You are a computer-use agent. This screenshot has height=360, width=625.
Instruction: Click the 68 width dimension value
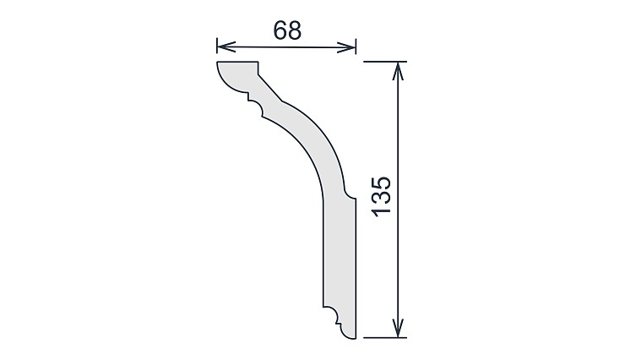[x=287, y=30]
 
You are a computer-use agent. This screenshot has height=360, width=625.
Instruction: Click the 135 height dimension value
[x=382, y=197]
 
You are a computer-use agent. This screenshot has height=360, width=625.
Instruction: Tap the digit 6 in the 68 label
[x=280, y=30]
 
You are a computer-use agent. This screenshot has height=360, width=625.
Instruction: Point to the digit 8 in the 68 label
[x=294, y=30]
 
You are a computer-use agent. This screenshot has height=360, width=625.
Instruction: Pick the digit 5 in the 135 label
[x=382, y=183]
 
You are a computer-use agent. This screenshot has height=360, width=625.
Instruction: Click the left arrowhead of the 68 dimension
[x=226, y=46]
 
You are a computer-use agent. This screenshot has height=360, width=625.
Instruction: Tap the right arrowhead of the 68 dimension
[x=346, y=48]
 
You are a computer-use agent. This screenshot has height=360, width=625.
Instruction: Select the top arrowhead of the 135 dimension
[x=398, y=71]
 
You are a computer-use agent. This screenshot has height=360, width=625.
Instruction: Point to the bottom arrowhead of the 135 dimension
[x=398, y=328]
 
